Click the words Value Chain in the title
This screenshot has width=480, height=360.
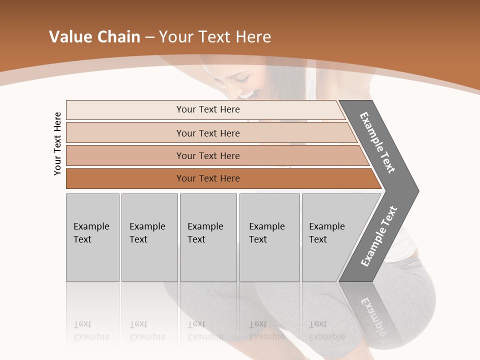pyautogui.click(x=94, y=37)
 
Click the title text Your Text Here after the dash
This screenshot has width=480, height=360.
pyautogui.click(x=215, y=37)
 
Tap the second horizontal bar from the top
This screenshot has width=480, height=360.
pyautogui.click(x=208, y=133)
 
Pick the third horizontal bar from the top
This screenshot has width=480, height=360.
pyautogui.click(x=208, y=155)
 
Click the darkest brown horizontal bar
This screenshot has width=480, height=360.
pyautogui.click(x=208, y=178)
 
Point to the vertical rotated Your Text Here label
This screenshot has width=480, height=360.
pyautogui.click(x=57, y=143)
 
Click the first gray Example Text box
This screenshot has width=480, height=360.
pyautogui.click(x=92, y=237)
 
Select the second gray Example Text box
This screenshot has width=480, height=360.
pyautogui.click(x=149, y=237)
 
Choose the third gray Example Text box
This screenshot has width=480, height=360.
pyautogui.click(x=208, y=237)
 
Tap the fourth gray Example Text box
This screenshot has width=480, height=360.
pyautogui.click(x=269, y=237)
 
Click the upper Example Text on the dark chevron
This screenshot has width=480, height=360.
pyautogui.click(x=378, y=142)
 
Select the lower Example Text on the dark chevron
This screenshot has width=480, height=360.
pyautogui.click(x=379, y=236)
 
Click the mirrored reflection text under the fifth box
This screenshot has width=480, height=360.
pyautogui.click(x=326, y=330)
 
